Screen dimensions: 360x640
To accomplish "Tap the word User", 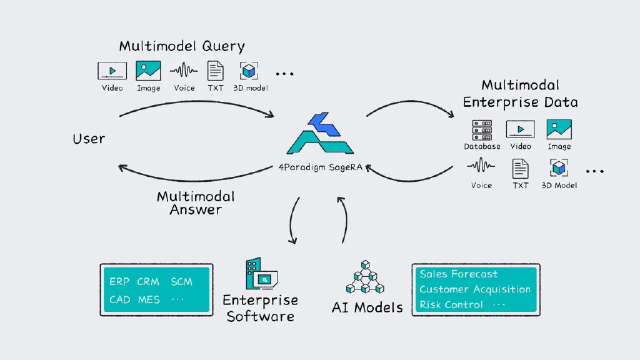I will (x=89, y=138).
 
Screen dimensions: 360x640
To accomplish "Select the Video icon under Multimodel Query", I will (x=112, y=71).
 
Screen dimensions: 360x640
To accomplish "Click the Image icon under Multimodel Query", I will (x=148, y=71).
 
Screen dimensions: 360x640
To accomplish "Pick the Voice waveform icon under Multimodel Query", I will (x=184, y=70).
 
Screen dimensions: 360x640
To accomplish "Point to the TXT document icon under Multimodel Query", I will (x=216, y=71).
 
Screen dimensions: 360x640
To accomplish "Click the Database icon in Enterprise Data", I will (x=482, y=130).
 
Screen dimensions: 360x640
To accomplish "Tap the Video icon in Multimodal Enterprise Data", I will (x=520, y=129).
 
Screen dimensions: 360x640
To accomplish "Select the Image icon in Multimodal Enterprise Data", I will (x=559, y=129).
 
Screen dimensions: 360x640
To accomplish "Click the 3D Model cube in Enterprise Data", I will (x=559, y=167).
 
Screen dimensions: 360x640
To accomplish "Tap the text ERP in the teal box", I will (x=119, y=282).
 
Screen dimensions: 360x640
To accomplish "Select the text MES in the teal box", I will (x=149, y=299).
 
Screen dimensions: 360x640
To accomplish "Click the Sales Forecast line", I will (x=459, y=274).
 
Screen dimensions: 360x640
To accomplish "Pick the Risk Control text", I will (x=451, y=304).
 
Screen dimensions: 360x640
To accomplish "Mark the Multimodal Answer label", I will (x=196, y=203).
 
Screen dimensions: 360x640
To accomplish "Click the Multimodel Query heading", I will (x=182, y=46).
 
